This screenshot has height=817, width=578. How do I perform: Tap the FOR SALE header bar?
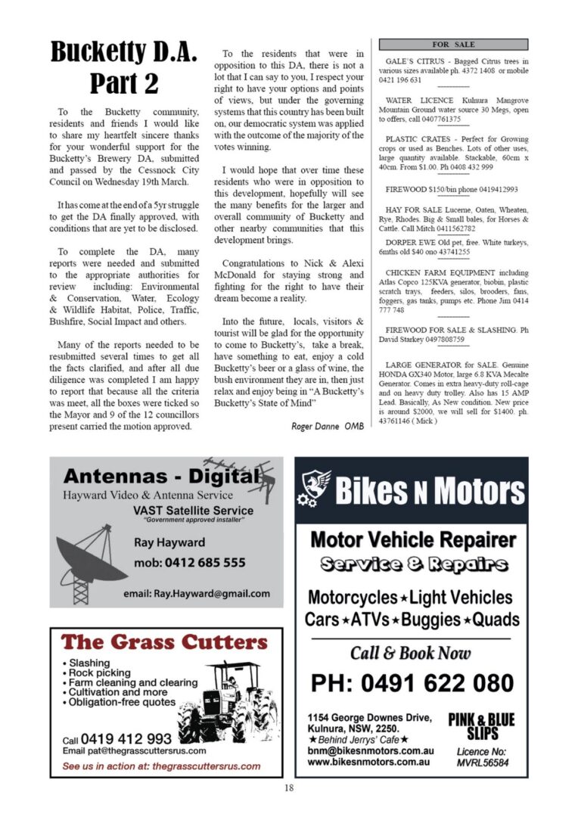pos(452,45)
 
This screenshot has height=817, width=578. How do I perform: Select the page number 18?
pos(288,787)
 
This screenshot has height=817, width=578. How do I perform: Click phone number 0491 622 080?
pos(412,683)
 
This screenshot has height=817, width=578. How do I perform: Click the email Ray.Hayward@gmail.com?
pos(196,593)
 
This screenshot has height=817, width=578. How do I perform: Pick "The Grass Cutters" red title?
pos(164,643)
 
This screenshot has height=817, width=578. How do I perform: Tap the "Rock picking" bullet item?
pos(98,673)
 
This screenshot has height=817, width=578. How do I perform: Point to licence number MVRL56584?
pos(482,763)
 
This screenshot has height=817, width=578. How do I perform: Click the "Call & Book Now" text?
pos(410,652)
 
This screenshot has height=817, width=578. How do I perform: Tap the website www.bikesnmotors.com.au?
pos(369,762)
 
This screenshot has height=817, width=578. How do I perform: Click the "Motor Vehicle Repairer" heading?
pos(412,540)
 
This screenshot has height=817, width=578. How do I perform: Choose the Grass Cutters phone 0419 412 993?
pos(126,738)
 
